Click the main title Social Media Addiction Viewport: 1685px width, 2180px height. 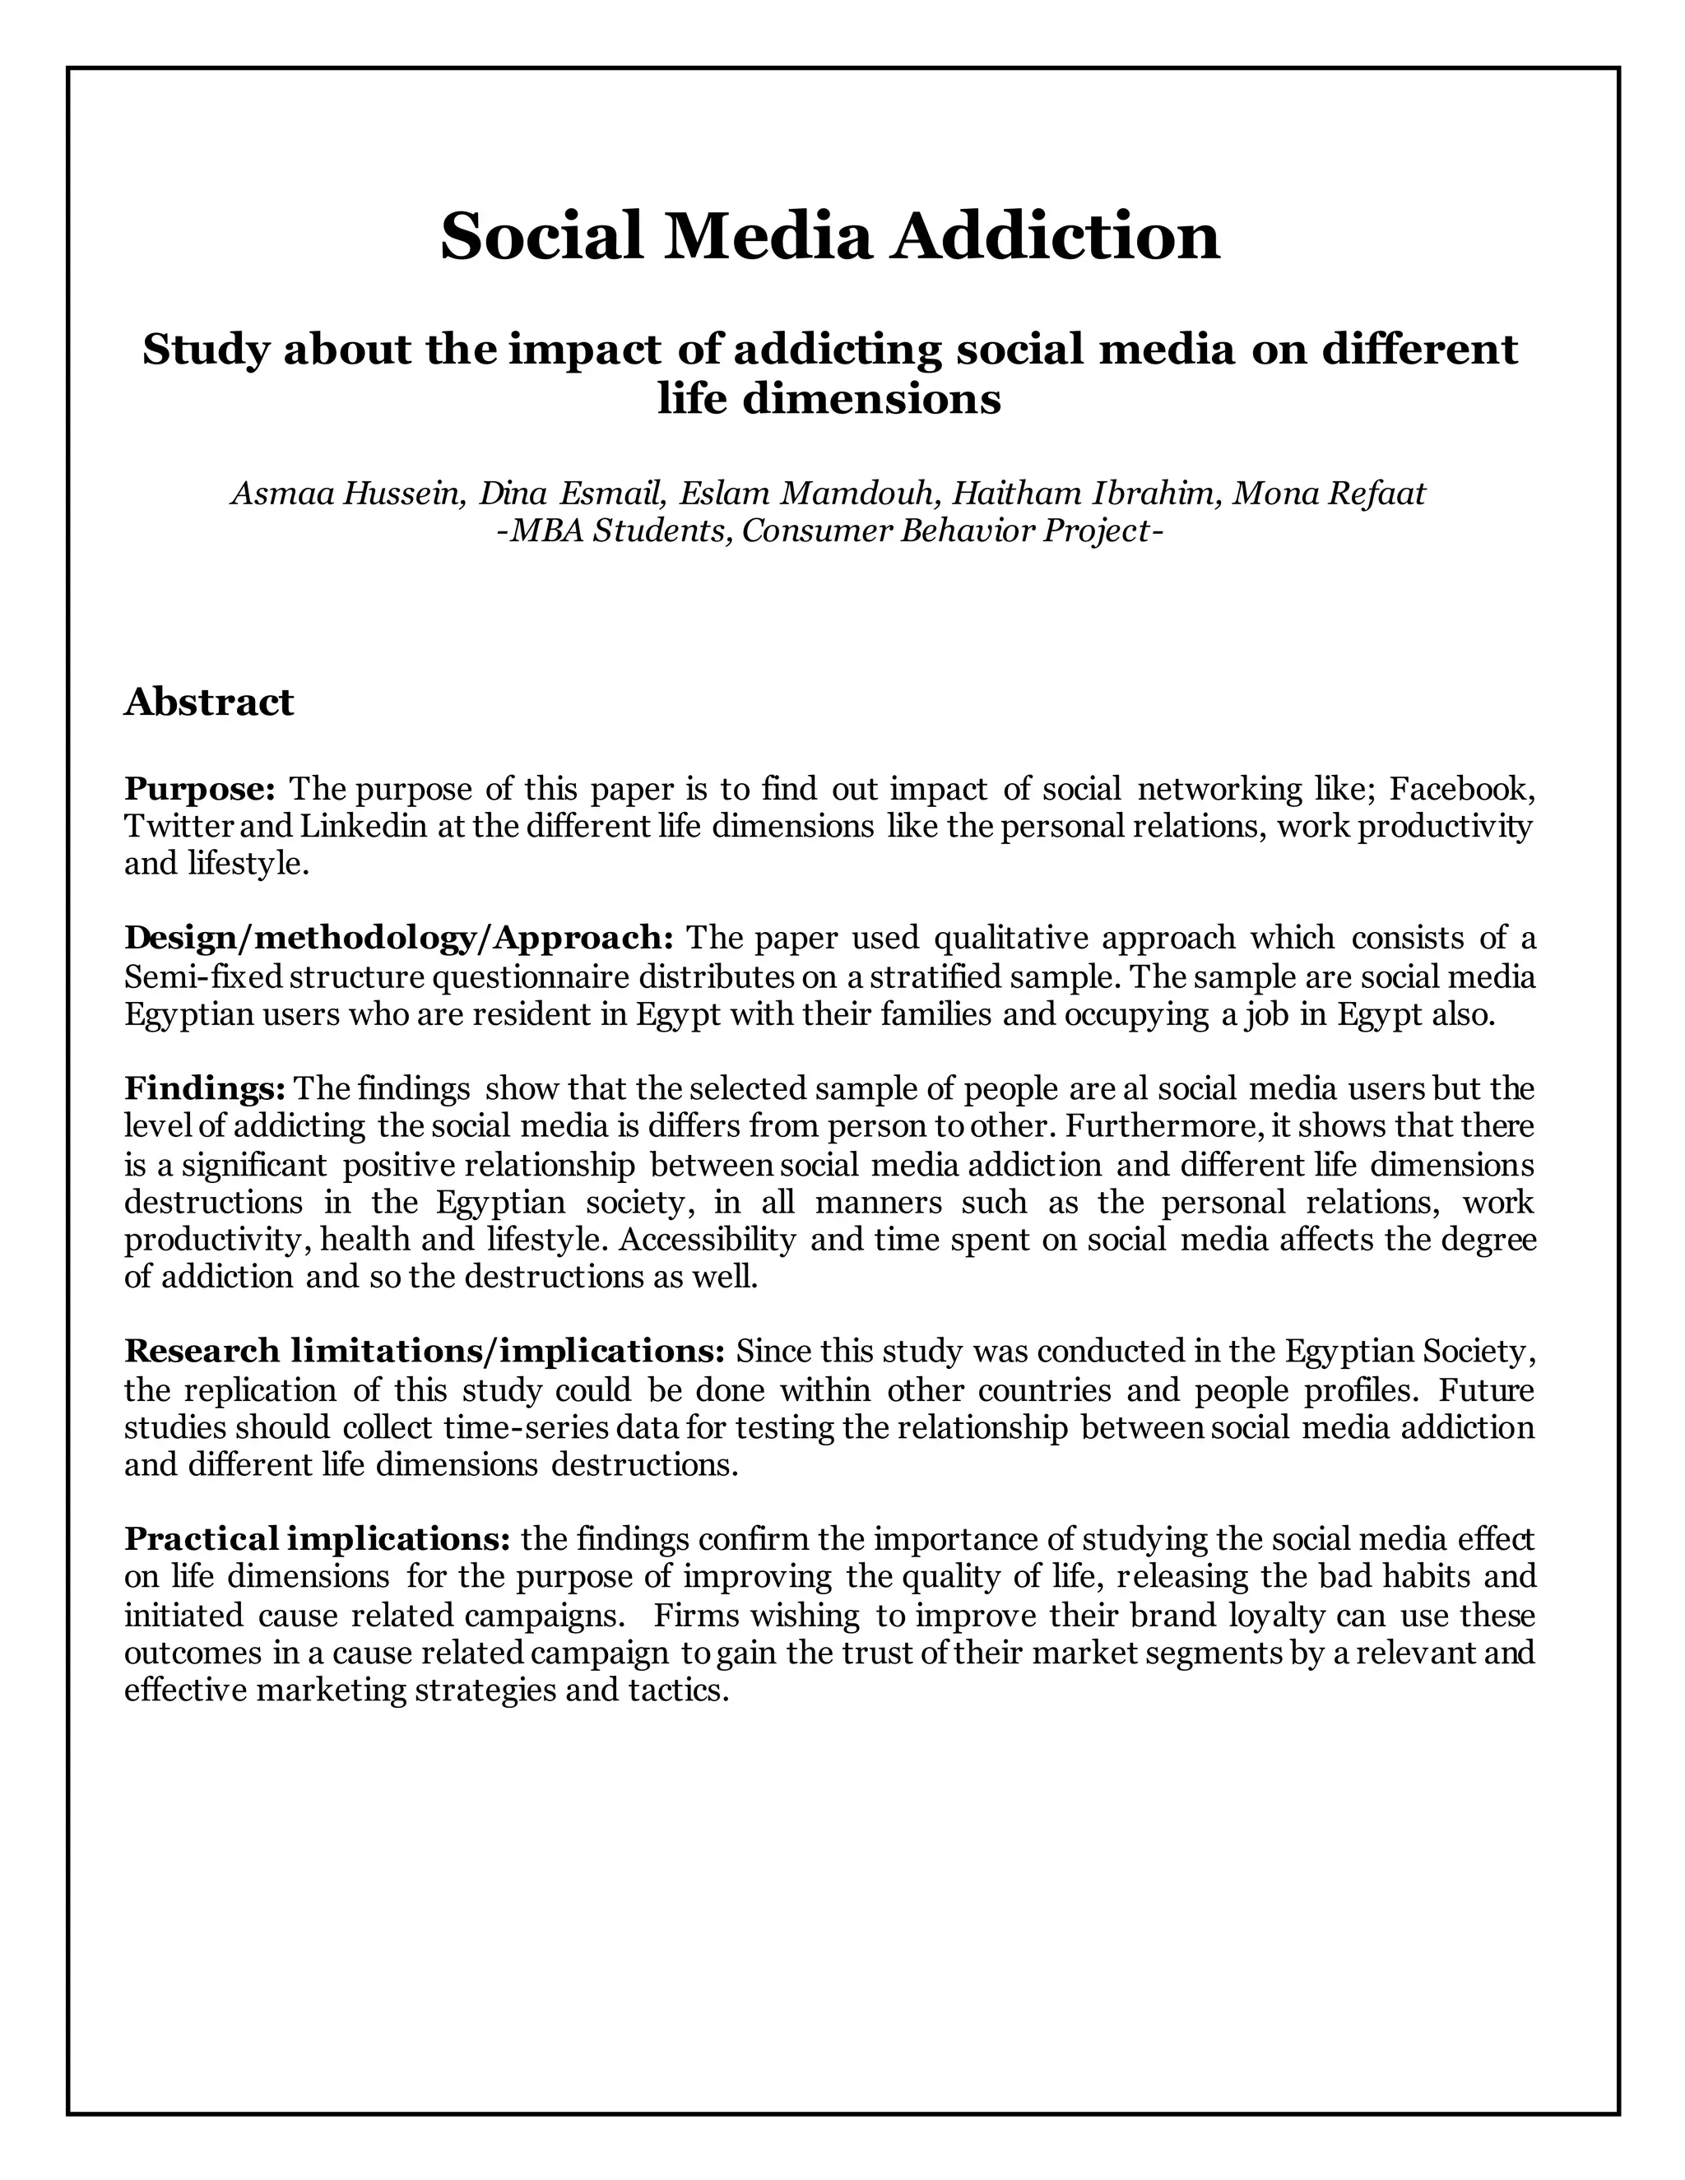[829, 237]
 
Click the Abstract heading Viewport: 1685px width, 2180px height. [209, 702]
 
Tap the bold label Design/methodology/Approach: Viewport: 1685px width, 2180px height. [399, 939]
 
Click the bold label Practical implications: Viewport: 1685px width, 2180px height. [318, 1539]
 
